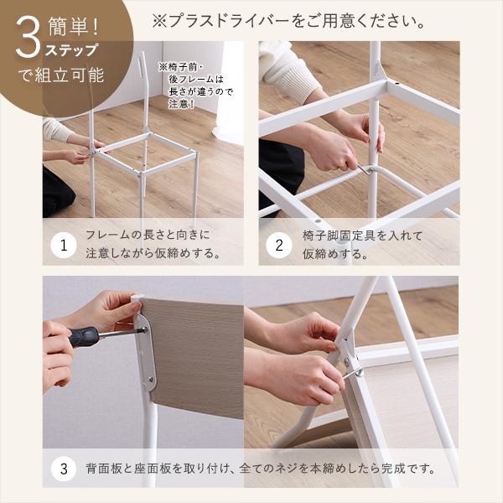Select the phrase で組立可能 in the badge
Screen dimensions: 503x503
(x=61, y=75)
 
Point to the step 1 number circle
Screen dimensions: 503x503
(x=63, y=246)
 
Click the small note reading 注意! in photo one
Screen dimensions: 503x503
(x=180, y=105)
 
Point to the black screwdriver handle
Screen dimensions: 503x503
(x=84, y=336)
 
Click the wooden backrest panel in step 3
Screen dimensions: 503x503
(x=197, y=356)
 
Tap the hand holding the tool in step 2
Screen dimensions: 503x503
(x=334, y=151)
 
